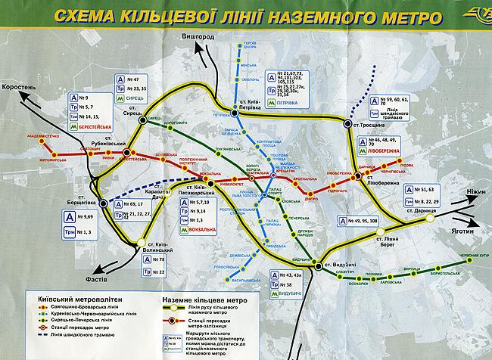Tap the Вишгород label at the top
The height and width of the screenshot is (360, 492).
[x=202, y=36]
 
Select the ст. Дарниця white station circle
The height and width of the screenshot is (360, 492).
[x=429, y=218]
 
